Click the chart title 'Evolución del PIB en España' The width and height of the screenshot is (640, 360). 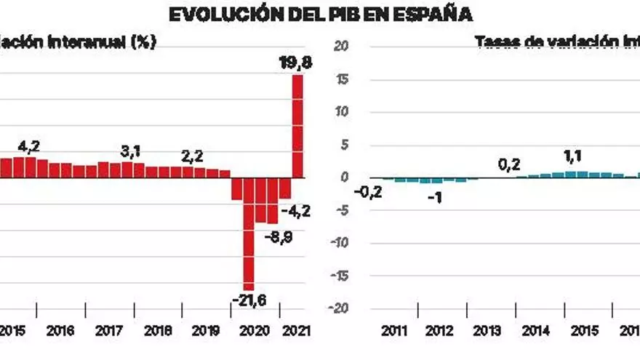click(x=320, y=14)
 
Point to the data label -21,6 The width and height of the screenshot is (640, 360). click(x=249, y=299)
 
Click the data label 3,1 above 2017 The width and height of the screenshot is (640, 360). click(x=131, y=151)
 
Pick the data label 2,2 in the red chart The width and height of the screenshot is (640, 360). click(x=192, y=155)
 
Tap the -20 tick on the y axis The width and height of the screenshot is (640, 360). click(x=342, y=308)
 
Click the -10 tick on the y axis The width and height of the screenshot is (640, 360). click(x=342, y=243)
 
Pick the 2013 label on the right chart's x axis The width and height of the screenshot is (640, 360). click(x=487, y=331)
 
